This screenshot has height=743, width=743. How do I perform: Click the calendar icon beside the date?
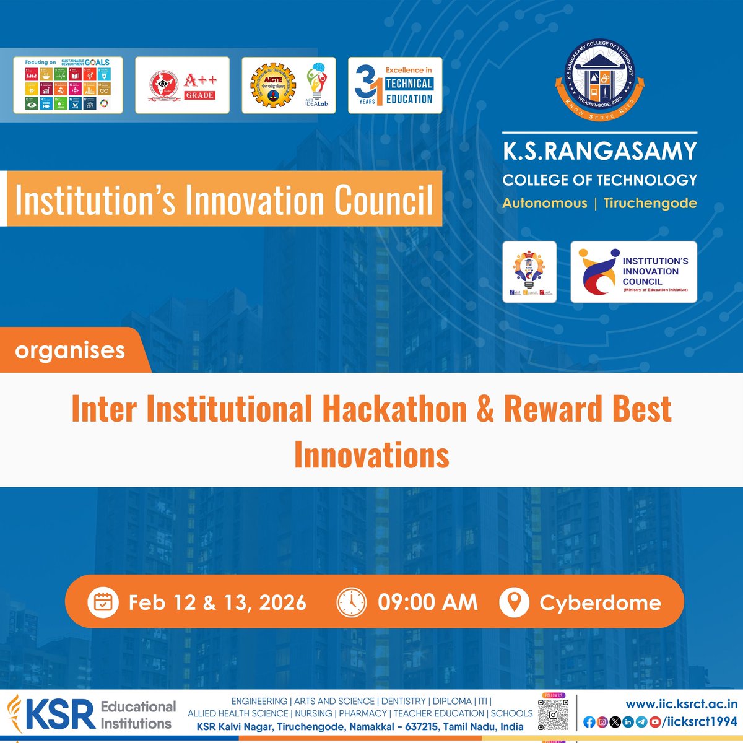(103, 602)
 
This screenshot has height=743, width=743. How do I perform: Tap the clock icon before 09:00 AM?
(352, 602)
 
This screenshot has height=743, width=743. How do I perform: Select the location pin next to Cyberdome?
(514, 602)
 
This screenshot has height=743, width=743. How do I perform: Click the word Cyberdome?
(600, 602)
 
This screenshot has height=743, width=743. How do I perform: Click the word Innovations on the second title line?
(371, 455)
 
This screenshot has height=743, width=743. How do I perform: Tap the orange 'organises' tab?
(70, 350)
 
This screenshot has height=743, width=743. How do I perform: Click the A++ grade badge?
(182, 85)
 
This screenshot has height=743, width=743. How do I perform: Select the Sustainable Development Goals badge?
(68, 85)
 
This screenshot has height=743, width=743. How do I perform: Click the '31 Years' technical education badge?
(395, 85)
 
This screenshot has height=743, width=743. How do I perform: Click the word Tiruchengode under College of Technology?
(650, 203)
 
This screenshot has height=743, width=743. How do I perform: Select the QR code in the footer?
(553, 715)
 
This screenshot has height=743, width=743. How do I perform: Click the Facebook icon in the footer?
(589, 722)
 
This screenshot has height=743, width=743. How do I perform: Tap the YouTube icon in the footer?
(654, 722)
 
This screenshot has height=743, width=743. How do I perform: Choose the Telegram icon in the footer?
(641, 722)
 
